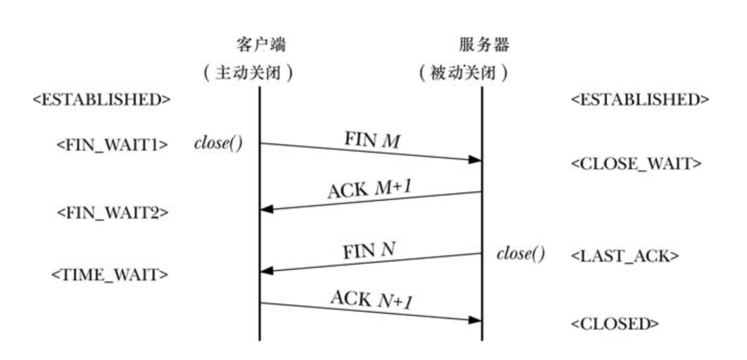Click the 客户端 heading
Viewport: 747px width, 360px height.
click(x=261, y=45)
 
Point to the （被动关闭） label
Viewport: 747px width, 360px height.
click(x=463, y=73)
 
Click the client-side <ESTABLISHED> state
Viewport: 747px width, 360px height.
click(x=102, y=100)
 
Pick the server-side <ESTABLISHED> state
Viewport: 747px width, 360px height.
click(x=640, y=100)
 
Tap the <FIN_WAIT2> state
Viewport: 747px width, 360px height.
click(x=112, y=213)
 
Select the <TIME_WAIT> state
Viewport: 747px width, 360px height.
click(x=110, y=275)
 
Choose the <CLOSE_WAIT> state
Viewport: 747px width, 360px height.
click(x=636, y=164)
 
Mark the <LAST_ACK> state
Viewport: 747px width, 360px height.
click(x=625, y=256)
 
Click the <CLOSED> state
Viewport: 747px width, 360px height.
click(x=615, y=324)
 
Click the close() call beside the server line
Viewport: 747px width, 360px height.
click(x=521, y=254)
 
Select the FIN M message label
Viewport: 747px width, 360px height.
click(x=372, y=141)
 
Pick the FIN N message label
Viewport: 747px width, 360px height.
click(x=368, y=251)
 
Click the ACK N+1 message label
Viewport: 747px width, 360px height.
click(x=371, y=299)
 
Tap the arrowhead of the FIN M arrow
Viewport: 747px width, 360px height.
click(x=475, y=160)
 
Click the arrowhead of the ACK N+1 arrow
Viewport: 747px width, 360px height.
click(x=475, y=320)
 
